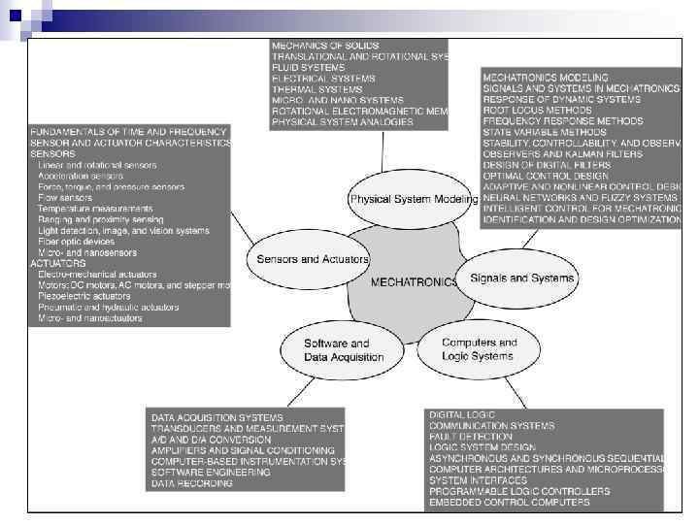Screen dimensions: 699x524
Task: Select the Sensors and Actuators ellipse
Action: (x=312, y=259)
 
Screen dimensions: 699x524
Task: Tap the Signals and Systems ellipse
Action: (x=521, y=278)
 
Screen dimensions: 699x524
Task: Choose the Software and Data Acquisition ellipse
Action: (x=337, y=349)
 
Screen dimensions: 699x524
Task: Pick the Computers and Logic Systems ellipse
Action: (x=479, y=349)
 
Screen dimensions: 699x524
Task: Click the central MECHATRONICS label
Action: (x=415, y=282)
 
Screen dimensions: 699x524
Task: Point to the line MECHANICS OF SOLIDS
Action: (x=325, y=46)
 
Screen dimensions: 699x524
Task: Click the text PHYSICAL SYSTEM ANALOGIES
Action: (x=342, y=122)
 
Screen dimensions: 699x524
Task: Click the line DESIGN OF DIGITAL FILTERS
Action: (x=547, y=165)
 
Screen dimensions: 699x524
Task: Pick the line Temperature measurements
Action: (x=95, y=209)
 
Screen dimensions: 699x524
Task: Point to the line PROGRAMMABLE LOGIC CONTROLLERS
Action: (x=518, y=492)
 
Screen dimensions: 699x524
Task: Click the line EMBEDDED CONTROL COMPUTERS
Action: (x=509, y=503)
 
